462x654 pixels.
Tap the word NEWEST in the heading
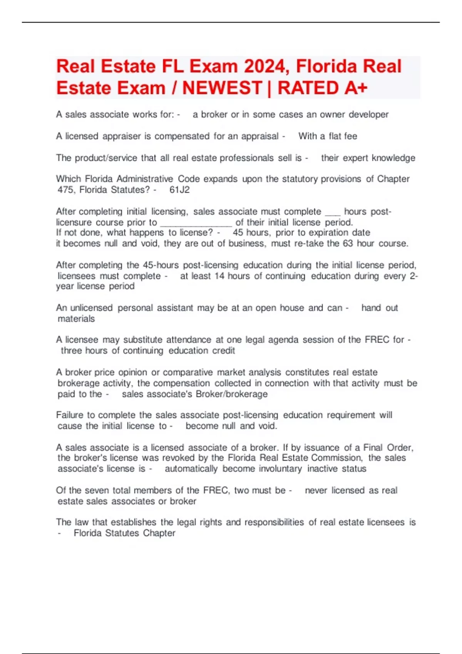click(222, 88)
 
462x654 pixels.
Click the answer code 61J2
click(179, 190)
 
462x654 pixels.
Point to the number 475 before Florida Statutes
click(66, 190)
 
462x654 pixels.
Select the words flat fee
click(343, 136)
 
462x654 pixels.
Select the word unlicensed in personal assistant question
click(91, 308)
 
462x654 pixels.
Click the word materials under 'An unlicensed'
click(76, 319)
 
